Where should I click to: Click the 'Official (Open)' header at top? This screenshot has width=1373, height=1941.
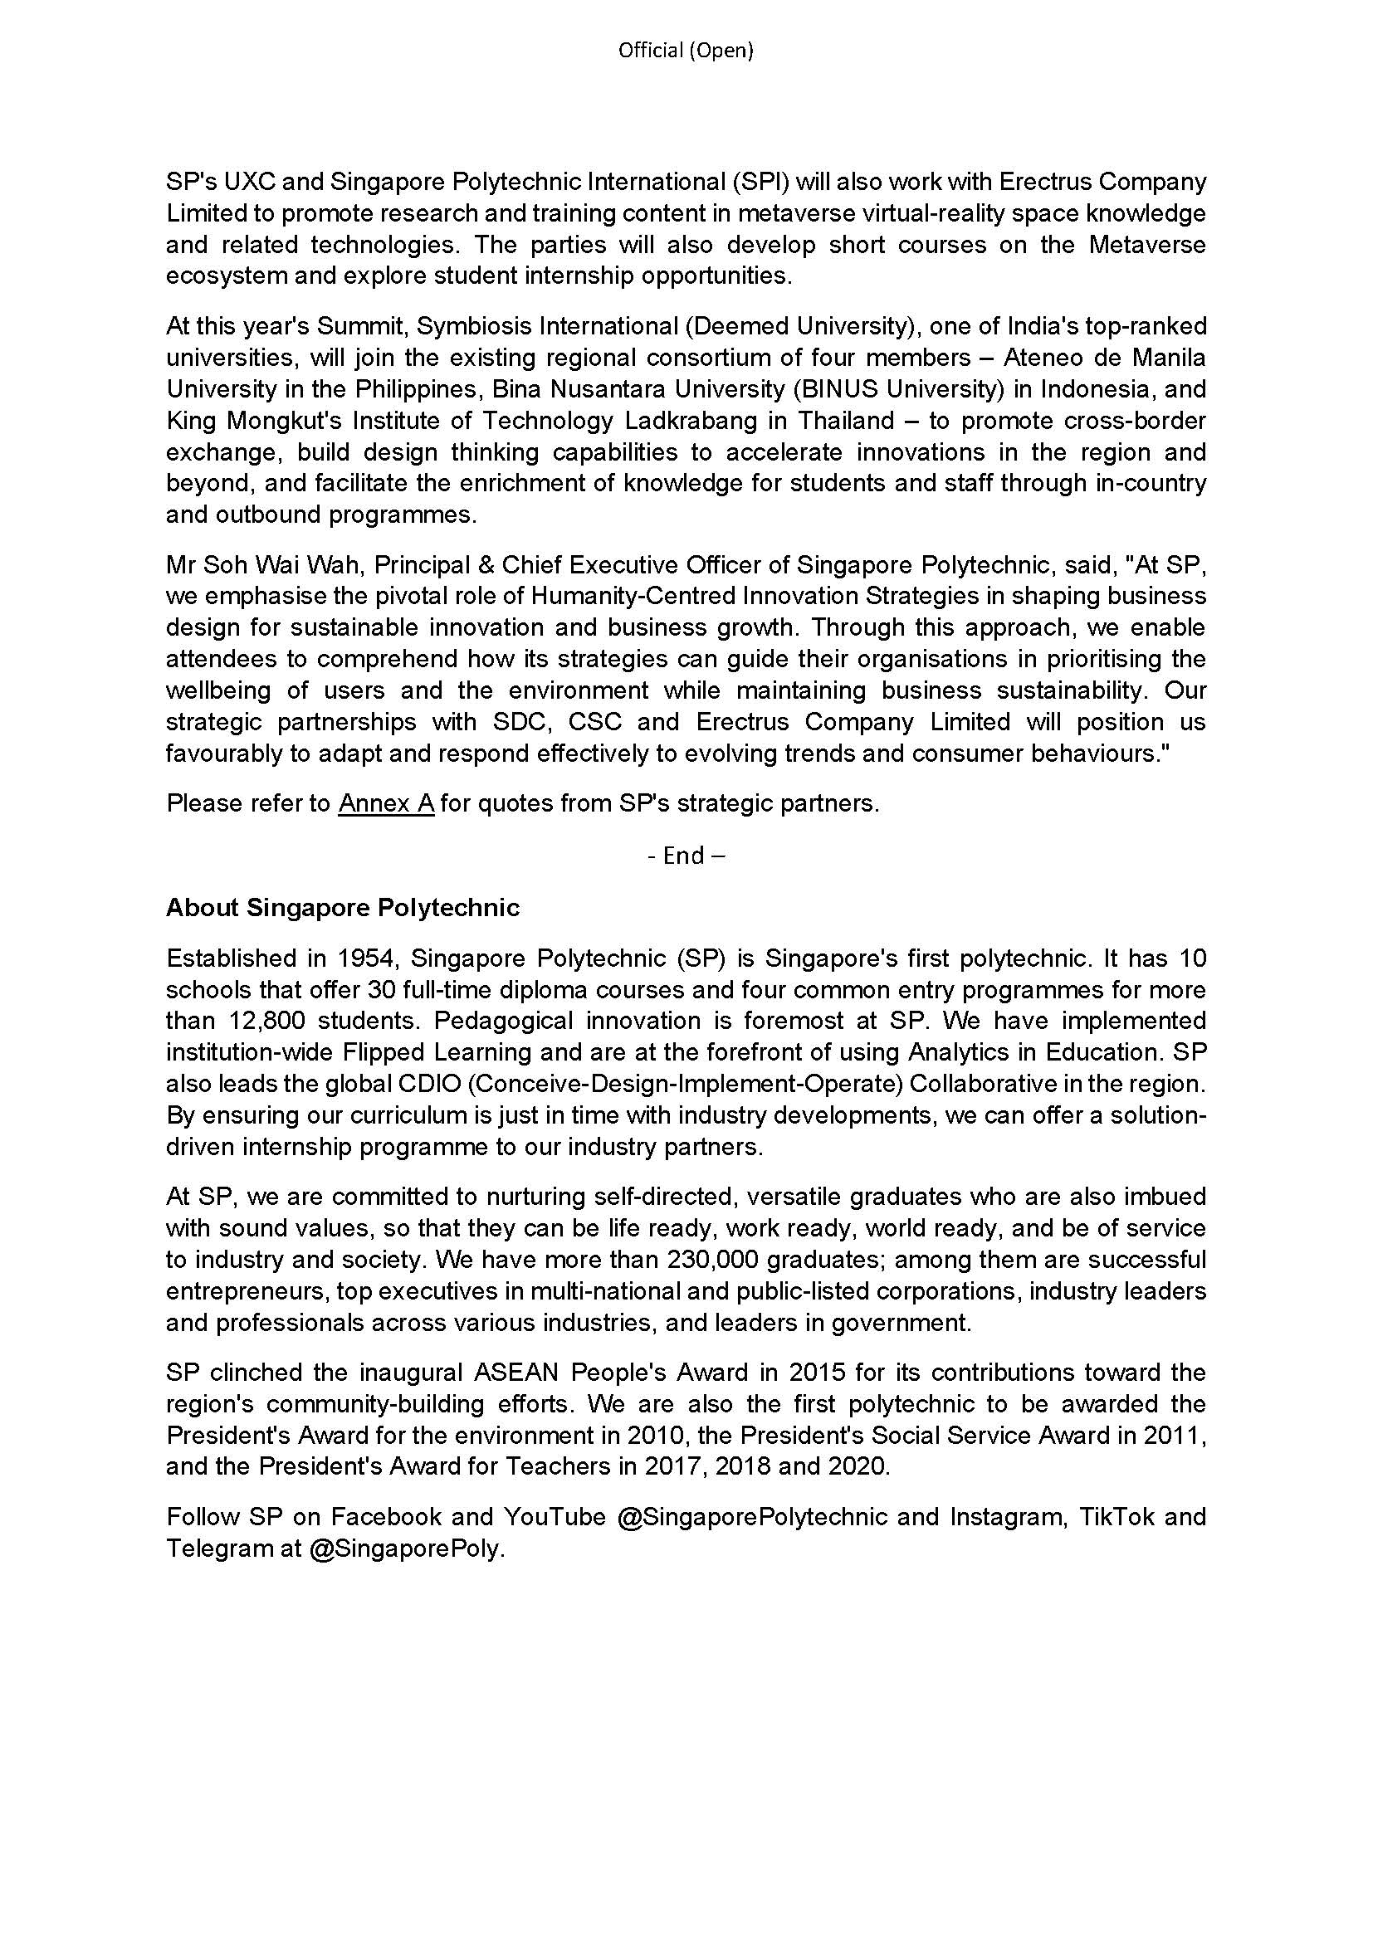coord(686,51)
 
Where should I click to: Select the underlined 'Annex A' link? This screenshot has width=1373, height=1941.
coord(386,803)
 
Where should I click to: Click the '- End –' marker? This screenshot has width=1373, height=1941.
coord(686,856)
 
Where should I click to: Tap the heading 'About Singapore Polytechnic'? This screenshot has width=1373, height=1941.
coord(342,908)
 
